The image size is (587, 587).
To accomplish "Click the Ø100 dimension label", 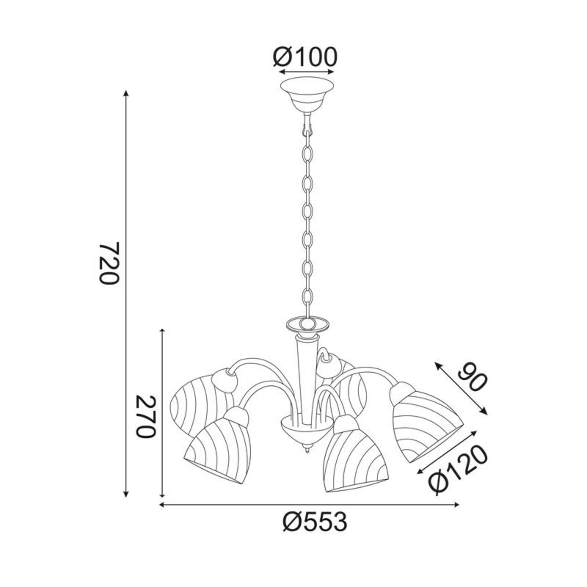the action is [x=305, y=57].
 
